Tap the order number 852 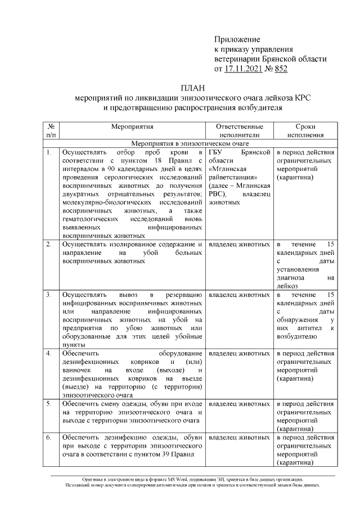click(280, 69)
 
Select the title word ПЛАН click(192, 88)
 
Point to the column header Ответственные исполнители click(239, 131)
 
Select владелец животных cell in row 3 click(239, 295)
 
